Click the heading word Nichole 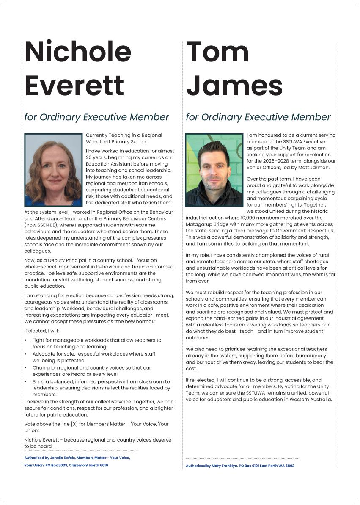pos(78,52)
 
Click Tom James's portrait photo pos(214,170)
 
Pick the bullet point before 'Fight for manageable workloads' pos(26,340)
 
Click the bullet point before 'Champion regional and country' pos(26,368)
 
